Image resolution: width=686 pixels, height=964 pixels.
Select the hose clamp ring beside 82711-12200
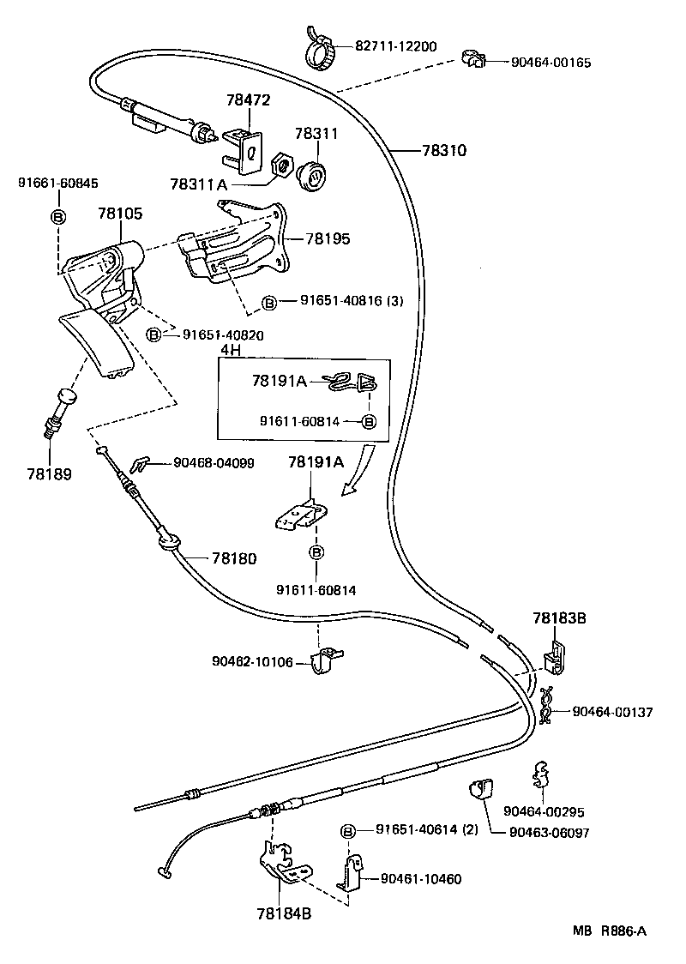tap(322, 53)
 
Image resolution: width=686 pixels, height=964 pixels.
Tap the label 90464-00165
tap(551, 63)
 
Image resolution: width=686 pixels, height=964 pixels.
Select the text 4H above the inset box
tap(230, 350)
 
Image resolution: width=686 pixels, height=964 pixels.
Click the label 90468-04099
tap(214, 462)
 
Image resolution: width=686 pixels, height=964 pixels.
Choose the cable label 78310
tap(443, 150)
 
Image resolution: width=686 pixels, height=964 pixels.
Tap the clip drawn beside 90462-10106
tap(326, 660)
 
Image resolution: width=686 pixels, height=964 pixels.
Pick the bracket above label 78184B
tap(280, 865)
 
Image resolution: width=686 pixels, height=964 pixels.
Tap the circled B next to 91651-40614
tap(348, 830)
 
